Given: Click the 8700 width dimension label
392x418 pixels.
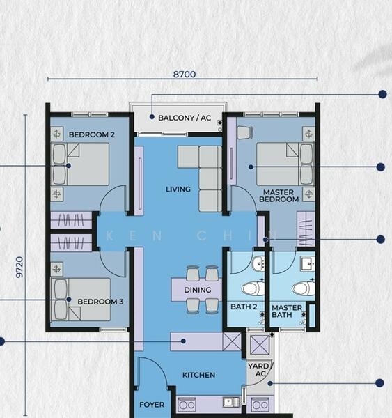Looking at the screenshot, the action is (185, 74).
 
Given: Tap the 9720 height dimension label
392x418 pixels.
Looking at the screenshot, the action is (19, 267).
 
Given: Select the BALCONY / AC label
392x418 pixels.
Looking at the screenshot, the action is (185, 118).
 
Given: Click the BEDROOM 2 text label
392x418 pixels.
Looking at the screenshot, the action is (92, 134).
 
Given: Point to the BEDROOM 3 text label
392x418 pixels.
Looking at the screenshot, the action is (100, 302).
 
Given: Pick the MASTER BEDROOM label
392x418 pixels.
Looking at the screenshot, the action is (279, 196).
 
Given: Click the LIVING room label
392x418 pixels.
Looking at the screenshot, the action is (178, 189).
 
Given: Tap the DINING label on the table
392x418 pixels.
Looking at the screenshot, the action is (198, 290).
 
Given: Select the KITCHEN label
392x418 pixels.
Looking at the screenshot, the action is (199, 375).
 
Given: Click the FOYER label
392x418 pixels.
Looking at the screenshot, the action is (152, 405).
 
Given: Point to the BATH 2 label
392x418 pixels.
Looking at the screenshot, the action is (244, 307).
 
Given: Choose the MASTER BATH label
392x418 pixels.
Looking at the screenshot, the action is (287, 311).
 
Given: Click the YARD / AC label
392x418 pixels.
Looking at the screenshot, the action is (260, 370).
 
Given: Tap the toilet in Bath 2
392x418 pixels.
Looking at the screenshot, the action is (253, 288).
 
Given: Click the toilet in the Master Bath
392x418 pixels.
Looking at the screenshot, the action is (304, 288).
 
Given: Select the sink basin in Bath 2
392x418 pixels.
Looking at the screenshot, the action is (258, 263).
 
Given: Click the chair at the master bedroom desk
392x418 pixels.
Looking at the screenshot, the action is (244, 132).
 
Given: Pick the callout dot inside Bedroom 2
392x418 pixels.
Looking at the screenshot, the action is (68, 166).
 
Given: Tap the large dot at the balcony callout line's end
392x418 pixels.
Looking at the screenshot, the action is (383, 94).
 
